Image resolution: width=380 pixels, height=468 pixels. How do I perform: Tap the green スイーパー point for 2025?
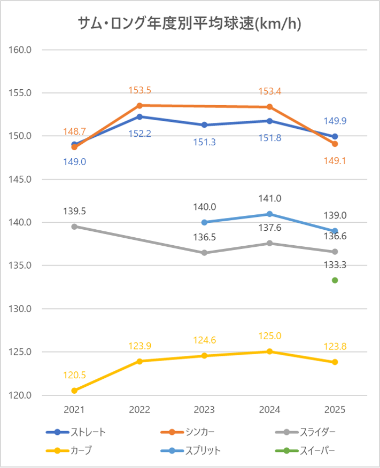tap(335, 280)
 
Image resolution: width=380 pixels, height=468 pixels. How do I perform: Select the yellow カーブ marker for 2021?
tap(74, 391)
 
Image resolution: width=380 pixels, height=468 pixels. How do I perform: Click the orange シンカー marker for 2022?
tap(139, 105)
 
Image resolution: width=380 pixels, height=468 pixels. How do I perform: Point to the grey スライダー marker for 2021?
tap(74, 227)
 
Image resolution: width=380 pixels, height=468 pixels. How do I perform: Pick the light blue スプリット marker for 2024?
tap(269, 214)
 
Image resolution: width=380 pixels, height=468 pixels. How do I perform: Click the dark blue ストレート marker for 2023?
tap(205, 125)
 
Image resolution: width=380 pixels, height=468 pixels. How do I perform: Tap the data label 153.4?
tap(269, 91)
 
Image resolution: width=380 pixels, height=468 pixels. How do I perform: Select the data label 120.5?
tap(74, 375)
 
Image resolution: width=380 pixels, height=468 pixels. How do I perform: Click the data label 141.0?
tap(269, 198)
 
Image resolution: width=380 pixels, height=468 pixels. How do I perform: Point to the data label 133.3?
tap(335, 265)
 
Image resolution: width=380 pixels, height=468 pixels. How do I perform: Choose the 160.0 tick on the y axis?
tap(21, 50)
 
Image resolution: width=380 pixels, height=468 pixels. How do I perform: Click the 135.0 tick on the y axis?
tap(21, 266)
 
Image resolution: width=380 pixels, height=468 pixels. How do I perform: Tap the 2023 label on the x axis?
tap(205, 410)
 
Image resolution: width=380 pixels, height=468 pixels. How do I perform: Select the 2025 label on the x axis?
tap(335, 410)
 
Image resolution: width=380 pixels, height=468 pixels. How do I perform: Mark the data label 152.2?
tap(139, 134)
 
